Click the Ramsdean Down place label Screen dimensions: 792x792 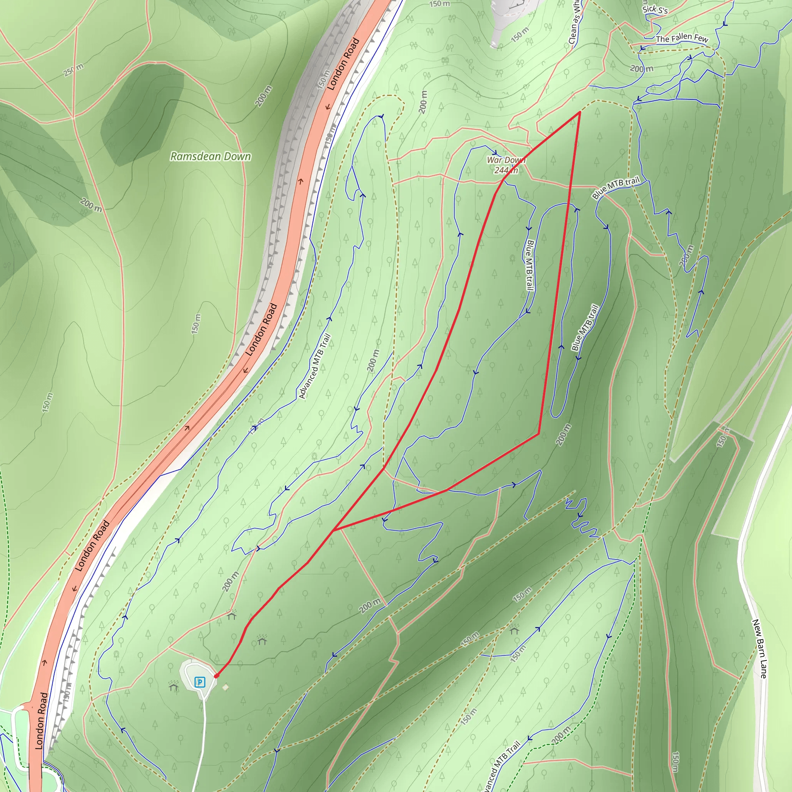(x=210, y=156)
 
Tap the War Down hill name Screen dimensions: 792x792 (x=506, y=160)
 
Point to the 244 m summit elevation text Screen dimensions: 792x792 (x=506, y=170)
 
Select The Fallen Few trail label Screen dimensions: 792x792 (x=682, y=38)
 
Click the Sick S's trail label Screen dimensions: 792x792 (x=655, y=9)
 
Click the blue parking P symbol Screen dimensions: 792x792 (x=200, y=682)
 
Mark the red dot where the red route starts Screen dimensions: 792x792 (x=216, y=676)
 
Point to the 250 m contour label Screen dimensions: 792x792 (x=73, y=70)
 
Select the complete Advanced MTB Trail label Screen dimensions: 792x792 (x=314, y=366)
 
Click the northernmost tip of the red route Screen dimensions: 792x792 (x=580, y=111)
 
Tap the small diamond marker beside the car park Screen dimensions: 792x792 (x=225, y=687)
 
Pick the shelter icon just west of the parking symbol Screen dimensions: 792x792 (x=173, y=685)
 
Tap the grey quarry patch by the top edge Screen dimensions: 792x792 (x=512, y=16)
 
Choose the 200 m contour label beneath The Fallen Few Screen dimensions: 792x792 (x=642, y=68)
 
